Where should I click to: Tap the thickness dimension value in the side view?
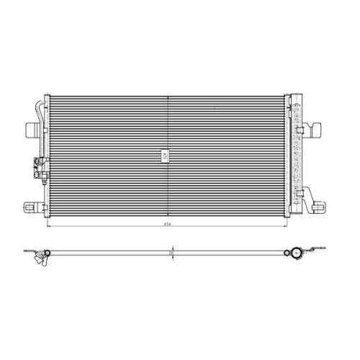(171, 253)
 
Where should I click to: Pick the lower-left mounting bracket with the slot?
(30, 207)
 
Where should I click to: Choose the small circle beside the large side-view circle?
(286, 253)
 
